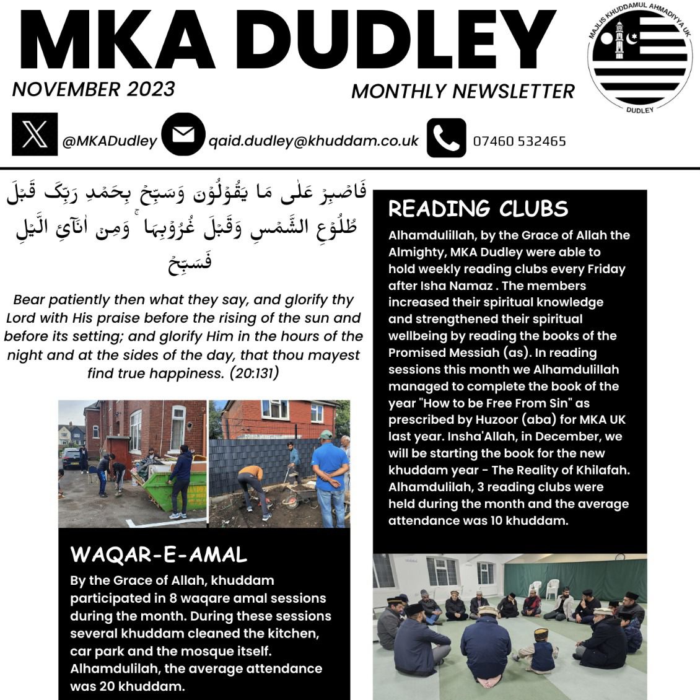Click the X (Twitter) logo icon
coord(35,134)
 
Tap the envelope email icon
coord(183,134)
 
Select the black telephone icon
coord(446,138)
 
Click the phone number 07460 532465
coord(519,141)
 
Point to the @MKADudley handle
coord(110,141)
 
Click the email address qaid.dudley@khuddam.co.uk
coord(313,141)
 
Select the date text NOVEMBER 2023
coord(94,89)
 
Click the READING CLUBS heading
coord(478,209)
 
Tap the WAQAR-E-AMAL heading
coord(159,554)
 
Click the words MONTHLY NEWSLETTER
coord(463,92)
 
